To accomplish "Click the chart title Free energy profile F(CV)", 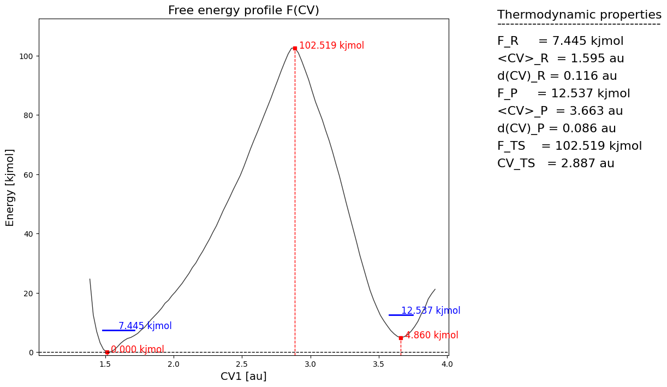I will tap(243, 10).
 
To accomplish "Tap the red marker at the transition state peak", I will tap(295, 48).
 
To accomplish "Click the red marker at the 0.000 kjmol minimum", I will tap(107, 352).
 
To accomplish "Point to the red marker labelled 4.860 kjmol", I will tap(401, 338).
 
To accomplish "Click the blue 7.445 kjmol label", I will tap(145, 326).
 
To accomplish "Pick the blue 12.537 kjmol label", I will tap(431, 310).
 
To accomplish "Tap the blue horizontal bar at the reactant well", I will tap(118, 330).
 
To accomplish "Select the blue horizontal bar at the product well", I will tap(401, 315).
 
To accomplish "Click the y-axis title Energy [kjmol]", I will tap(10, 187).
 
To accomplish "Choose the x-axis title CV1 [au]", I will tap(243, 377).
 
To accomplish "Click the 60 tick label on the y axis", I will tap(29, 175).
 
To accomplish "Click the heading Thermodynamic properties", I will tap(579, 15).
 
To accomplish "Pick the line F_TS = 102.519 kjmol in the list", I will tap(569, 146).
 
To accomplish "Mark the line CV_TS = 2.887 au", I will tap(556, 163).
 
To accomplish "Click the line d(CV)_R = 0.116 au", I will tap(557, 76).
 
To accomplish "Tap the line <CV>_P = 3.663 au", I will tap(560, 111).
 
